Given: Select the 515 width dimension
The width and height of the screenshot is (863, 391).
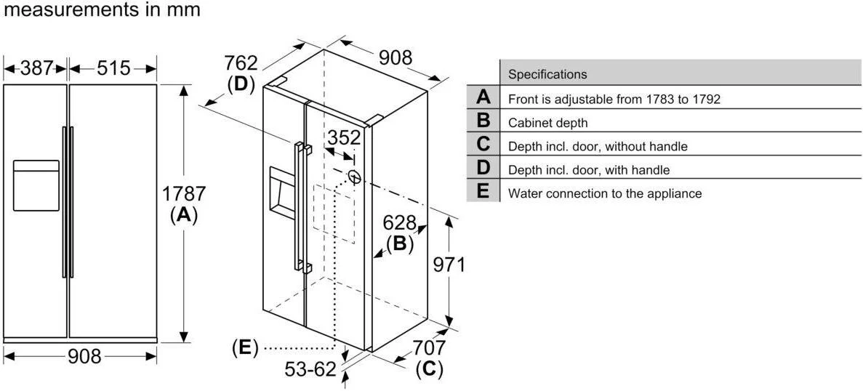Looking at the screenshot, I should (x=113, y=68).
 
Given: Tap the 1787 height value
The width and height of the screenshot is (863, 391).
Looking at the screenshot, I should (x=184, y=194).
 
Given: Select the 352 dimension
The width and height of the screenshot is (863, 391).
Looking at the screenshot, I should (x=343, y=138).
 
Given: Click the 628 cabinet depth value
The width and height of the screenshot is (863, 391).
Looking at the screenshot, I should (x=400, y=222).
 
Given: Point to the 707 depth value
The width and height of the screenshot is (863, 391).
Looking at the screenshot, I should (x=428, y=348).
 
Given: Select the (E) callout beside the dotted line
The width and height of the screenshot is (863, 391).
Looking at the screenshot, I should (x=245, y=348).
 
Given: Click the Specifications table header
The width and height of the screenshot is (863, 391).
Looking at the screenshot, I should (x=547, y=74).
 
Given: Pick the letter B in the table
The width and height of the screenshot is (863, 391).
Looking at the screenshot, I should (x=483, y=121).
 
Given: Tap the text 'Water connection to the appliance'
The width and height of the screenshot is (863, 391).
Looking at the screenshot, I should (x=604, y=193).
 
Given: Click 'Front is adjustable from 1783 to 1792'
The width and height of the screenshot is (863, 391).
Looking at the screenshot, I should (x=614, y=99).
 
